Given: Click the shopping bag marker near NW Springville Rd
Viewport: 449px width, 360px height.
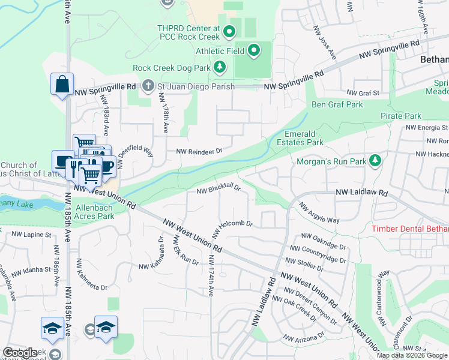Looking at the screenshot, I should (62, 85).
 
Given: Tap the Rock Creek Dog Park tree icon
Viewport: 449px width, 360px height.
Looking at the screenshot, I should (220, 67).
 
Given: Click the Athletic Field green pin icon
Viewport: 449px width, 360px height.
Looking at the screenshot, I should (253, 51).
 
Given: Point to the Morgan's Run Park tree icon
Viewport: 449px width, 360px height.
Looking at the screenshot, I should (375, 161).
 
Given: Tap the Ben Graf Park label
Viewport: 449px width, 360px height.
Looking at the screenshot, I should (337, 104).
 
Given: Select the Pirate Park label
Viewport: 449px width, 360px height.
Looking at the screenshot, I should (400, 115).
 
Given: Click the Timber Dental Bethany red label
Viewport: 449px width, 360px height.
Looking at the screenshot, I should (410, 229).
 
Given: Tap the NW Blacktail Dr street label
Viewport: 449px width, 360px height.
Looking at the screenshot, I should (218, 190).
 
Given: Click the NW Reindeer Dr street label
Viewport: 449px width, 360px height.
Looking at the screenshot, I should (199, 152).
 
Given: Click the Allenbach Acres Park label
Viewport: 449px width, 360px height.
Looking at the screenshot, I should (94, 212).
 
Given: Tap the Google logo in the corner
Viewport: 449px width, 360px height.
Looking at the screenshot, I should (20, 353).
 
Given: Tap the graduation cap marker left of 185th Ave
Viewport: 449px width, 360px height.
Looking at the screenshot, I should (52, 328).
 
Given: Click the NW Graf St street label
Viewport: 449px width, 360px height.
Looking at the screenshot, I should (363, 93).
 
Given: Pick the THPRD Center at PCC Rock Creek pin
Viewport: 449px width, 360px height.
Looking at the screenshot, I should (228, 31).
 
